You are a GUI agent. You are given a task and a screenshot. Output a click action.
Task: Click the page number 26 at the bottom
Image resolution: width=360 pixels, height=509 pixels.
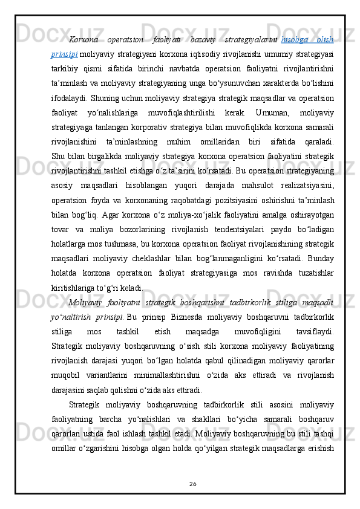[180, 482]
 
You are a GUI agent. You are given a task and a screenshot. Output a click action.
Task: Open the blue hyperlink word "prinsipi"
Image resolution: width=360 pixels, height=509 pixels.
[61, 55]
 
